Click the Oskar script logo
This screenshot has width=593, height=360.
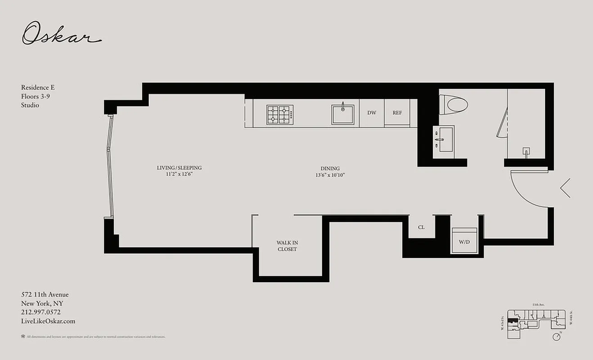point(61,34)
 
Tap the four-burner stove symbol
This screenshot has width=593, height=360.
point(279,114)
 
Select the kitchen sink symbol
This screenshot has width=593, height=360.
point(343,114)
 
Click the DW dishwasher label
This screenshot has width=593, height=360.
point(372,113)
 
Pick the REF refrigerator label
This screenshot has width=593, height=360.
point(397,113)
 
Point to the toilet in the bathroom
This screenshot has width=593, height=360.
point(453,104)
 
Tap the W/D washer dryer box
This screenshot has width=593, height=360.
point(464,242)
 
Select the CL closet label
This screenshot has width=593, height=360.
point(421,227)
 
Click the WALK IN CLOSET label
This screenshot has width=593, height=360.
point(287,246)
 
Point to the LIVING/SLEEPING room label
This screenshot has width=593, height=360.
point(179,168)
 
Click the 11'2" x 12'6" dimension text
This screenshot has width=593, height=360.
point(179,175)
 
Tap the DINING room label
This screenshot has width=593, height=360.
point(330,169)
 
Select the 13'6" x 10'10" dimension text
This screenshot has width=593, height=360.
point(330,175)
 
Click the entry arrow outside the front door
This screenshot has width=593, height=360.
point(565,188)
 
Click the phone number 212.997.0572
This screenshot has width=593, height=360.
point(40,312)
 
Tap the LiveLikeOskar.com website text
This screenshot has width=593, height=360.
point(48,321)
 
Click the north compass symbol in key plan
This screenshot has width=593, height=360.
point(558,335)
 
